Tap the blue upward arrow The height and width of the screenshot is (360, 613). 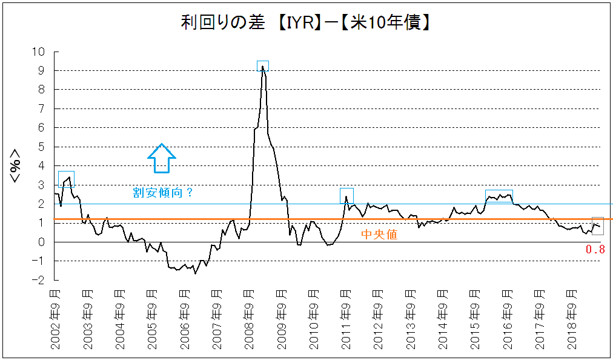pyautogui.click(x=162, y=159)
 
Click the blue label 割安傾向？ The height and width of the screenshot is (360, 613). pyautogui.click(x=163, y=193)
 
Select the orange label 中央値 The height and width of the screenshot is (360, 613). pyautogui.click(x=379, y=235)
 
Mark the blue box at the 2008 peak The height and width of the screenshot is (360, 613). pyautogui.click(x=263, y=67)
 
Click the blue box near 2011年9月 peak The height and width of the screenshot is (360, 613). pyautogui.click(x=346, y=196)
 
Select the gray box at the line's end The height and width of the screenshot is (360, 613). pyautogui.click(x=597, y=225)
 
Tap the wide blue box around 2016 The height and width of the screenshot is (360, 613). pyautogui.click(x=499, y=196)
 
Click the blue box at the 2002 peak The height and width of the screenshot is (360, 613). pyautogui.click(x=66, y=179)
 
